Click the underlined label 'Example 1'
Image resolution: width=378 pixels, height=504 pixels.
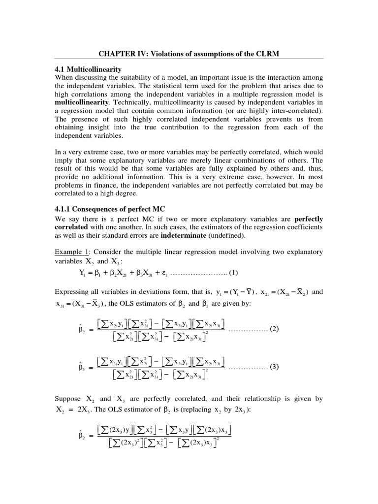pyautogui.click(x=69, y=252)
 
